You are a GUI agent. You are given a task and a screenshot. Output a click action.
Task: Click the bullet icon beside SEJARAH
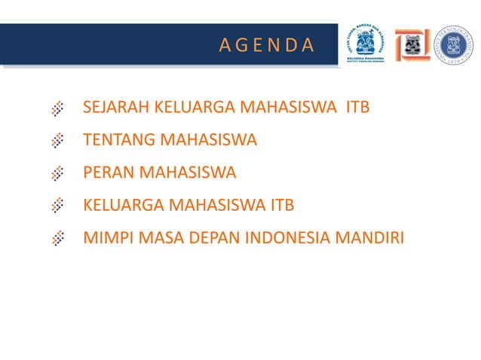57,108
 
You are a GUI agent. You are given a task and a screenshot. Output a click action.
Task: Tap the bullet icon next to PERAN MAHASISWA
57,173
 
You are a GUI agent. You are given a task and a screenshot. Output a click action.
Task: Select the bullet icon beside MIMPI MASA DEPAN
57,239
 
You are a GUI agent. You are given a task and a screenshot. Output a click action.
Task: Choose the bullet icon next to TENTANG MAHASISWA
57,141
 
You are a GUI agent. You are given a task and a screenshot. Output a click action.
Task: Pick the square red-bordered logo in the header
412,45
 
